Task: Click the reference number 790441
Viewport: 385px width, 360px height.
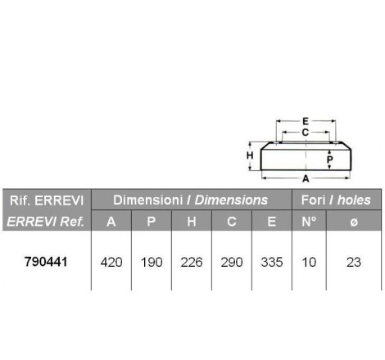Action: [x=46, y=262]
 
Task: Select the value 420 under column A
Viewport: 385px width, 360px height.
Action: [x=111, y=263]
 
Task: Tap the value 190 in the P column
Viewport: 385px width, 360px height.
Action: [x=152, y=263]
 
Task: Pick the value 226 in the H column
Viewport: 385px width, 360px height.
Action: [x=192, y=263]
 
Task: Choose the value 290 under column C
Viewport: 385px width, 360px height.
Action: [x=232, y=263]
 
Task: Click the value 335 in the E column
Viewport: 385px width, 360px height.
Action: [x=272, y=263]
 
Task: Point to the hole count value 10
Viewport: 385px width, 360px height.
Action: [x=309, y=263]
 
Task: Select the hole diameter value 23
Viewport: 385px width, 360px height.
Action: [x=354, y=263]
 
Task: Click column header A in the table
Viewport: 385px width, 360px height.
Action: [x=111, y=222]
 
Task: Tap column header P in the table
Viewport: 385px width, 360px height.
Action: [x=152, y=222]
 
